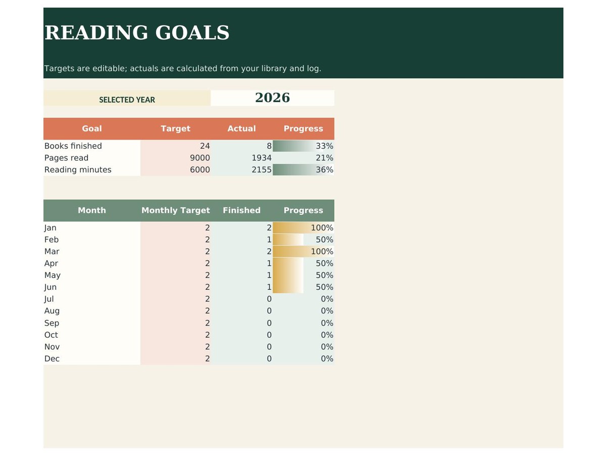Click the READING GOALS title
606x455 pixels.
(x=136, y=32)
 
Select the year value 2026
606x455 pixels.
(x=272, y=98)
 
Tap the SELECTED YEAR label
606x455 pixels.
(x=127, y=100)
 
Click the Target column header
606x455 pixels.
(x=175, y=128)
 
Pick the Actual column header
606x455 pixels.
(x=241, y=128)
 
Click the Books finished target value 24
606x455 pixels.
(x=205, y=146)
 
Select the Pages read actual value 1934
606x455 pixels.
(x=261, y=157)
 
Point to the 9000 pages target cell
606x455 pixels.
(x=199, y=157)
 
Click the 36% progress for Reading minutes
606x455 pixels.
(x=324, y=169)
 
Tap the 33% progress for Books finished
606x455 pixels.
(x=324, y=146)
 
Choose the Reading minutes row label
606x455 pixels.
(x=78, y=169)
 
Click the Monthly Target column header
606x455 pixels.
(x=175, y=210)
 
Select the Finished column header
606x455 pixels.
(x=241, y=210)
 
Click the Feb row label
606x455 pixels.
(x=52, y=239)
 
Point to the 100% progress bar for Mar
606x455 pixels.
(x=303, y=251)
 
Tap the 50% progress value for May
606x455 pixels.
(x=324, y=275)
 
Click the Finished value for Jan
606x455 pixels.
(x=269, y=227)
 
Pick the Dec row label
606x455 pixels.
(x=52, y=358)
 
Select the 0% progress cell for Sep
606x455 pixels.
(x=327, y=323)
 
